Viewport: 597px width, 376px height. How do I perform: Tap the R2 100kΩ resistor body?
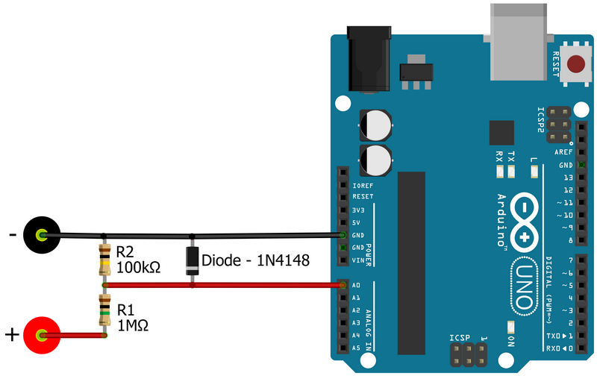[x=104, y=260]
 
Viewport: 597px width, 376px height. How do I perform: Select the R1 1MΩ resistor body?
[x=104, y=310]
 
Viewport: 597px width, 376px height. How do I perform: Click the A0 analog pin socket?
[x=343, y=285]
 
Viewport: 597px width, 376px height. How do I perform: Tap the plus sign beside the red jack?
[x=12, y=335]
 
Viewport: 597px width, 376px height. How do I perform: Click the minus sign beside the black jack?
[x=12, y=236]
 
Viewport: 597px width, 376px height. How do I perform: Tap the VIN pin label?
[x=358, y=260]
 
